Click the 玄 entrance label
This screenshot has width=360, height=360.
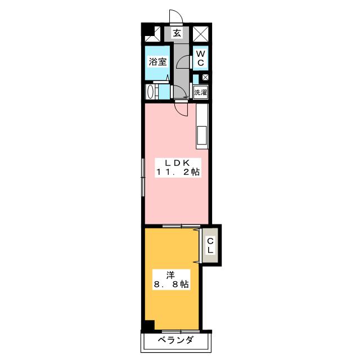click(177, 33)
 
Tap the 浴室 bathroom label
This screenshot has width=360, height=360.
click(157, 61)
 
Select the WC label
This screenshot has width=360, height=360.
click(200, 58)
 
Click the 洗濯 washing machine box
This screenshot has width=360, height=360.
click(200, 92)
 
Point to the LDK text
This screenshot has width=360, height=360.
click(178, 163)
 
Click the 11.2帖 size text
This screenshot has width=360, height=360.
click(178, 172)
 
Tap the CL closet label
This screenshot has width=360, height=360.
click(210, 245)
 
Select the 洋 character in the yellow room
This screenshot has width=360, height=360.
click(170, 275)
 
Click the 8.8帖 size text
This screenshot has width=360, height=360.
click(171, 285)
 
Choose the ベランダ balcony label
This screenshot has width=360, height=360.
click(176, 340)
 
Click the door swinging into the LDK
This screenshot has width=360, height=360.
click(182, 110)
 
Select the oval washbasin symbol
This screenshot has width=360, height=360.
click(150, 92)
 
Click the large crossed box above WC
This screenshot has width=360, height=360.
click(200, 34)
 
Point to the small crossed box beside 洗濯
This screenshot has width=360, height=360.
click(205, 78)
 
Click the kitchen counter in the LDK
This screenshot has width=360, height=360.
click(202, 126)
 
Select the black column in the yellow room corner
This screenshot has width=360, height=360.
click(149, 325)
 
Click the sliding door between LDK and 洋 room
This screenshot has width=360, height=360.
click(181, 226)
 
